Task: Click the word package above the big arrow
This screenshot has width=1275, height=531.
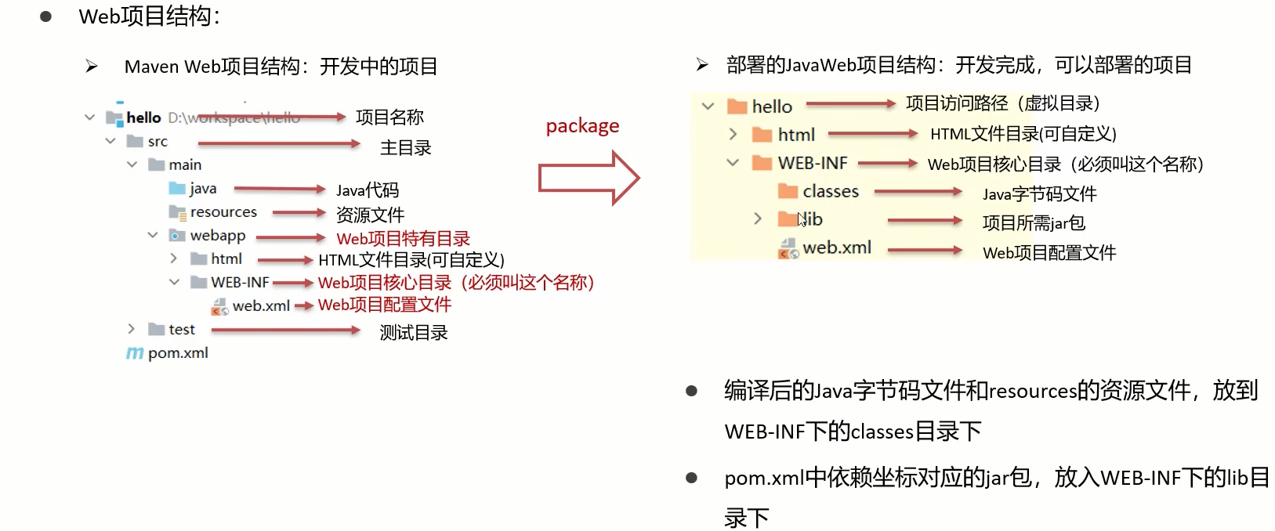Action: click(582, 126)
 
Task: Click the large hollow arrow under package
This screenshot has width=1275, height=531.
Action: click(589, 179)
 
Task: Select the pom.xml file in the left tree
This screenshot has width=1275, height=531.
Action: click(177, 353)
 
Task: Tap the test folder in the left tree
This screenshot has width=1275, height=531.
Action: click(180, 330)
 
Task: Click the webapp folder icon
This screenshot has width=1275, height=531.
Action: click(178, 236)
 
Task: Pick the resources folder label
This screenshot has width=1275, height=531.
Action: click(223, 212)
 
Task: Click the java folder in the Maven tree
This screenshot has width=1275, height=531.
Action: click(202, 189)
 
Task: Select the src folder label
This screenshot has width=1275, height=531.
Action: click(158, 142)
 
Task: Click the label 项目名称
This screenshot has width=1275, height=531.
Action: click(389, 117)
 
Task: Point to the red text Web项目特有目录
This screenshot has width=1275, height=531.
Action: click(403, 239)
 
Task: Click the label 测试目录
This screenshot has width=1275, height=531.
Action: click(414, 333)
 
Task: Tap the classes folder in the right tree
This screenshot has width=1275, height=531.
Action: click(830, 192)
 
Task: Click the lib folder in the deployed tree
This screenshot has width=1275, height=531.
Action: click(810, 219)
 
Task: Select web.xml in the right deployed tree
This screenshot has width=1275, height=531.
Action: click(836, 248)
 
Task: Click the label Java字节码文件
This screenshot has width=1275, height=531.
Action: click(1039, 194)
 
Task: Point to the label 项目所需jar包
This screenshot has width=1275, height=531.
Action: click(1034, 223)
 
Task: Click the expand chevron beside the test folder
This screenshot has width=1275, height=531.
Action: click(131, 329)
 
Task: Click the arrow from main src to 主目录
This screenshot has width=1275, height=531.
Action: click(278, 144)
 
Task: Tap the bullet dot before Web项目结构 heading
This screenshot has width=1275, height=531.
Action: click(45, 16)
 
